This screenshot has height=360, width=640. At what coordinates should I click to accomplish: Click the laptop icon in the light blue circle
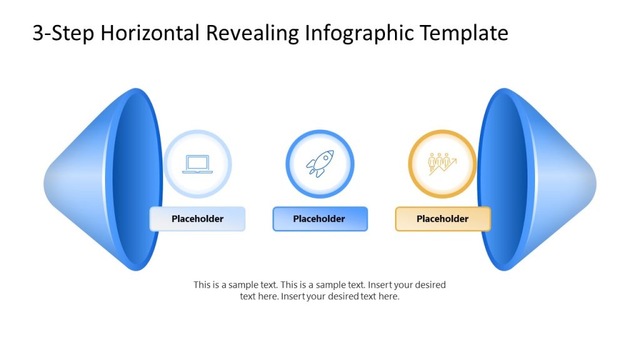pos(197,164)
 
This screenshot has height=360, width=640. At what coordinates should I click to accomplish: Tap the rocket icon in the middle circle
pos(319,164)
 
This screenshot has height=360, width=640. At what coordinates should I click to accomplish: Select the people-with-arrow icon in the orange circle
pos(442,164)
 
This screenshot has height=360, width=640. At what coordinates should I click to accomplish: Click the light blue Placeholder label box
pos(197,219)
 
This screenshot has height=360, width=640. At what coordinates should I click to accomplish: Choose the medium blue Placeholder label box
pos(320,219)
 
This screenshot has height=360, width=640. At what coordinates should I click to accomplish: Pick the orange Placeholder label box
pos(442,219)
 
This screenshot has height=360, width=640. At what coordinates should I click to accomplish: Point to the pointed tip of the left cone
pos(46,179)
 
